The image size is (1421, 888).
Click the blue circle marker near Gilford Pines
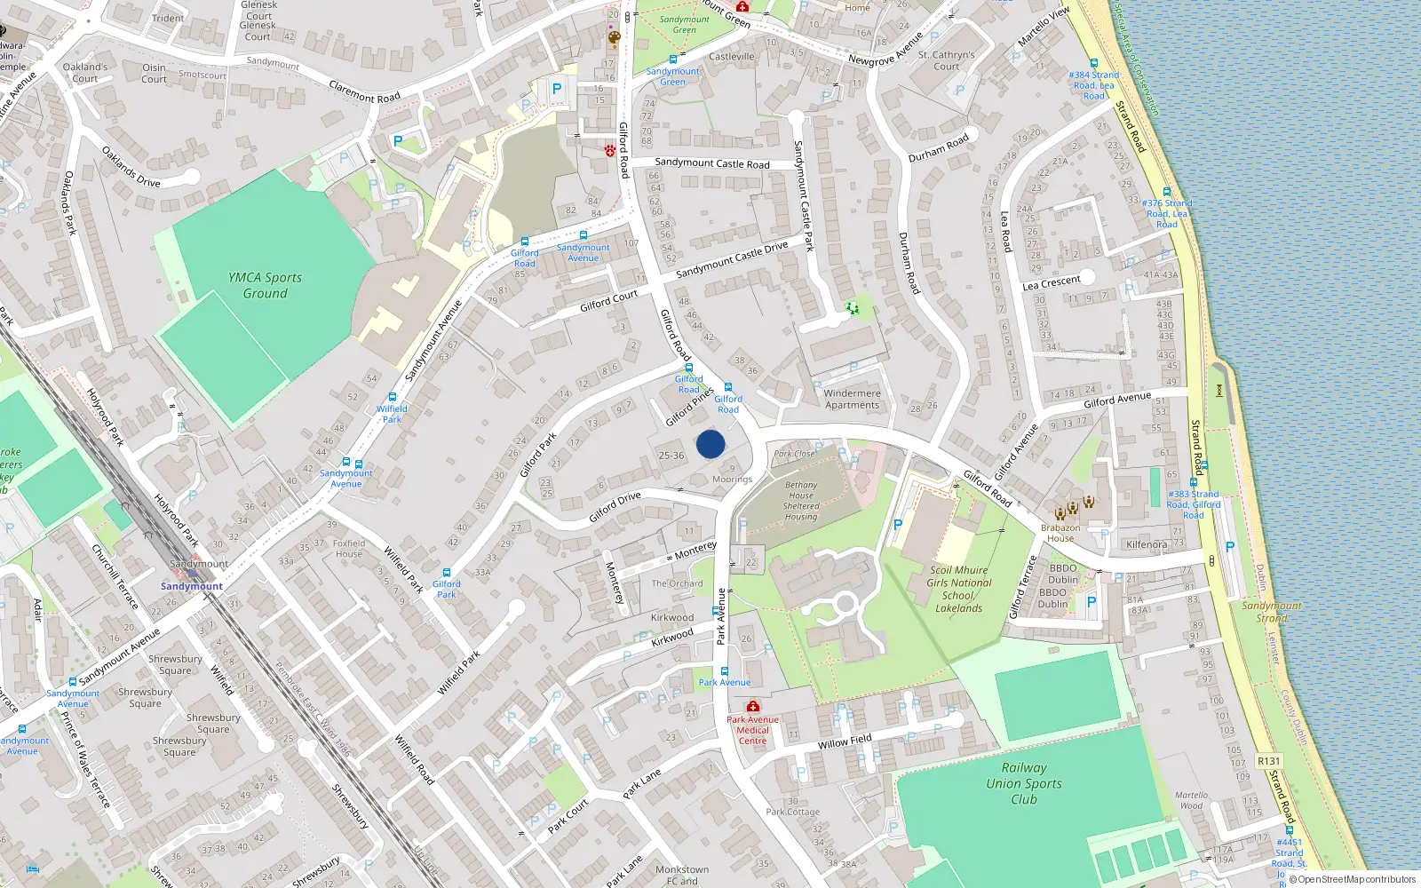tap(710, 444)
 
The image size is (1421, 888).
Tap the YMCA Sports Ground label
tap(265, 285)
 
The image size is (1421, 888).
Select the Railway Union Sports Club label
tap(1023, 783)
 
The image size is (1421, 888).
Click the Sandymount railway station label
tap(192, 586)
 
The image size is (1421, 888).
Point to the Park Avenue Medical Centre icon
tap(753, 706)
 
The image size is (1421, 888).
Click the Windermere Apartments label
tap(852, 399)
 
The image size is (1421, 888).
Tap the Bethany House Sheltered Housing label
tap(800, 501)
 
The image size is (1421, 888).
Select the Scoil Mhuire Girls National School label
tap(958, 590)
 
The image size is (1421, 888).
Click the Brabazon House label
tap(1060, 533)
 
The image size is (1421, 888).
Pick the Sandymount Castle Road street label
tap(712, 163)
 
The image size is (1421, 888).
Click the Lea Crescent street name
tap(1052, 283)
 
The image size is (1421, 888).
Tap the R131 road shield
tap(1269, 761)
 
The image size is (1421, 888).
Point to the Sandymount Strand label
tap(1271, 612)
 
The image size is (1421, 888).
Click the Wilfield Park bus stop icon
tap(392, 398)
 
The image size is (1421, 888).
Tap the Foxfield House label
tap(349, 549)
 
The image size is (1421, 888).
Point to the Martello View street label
tap(1044, 28)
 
